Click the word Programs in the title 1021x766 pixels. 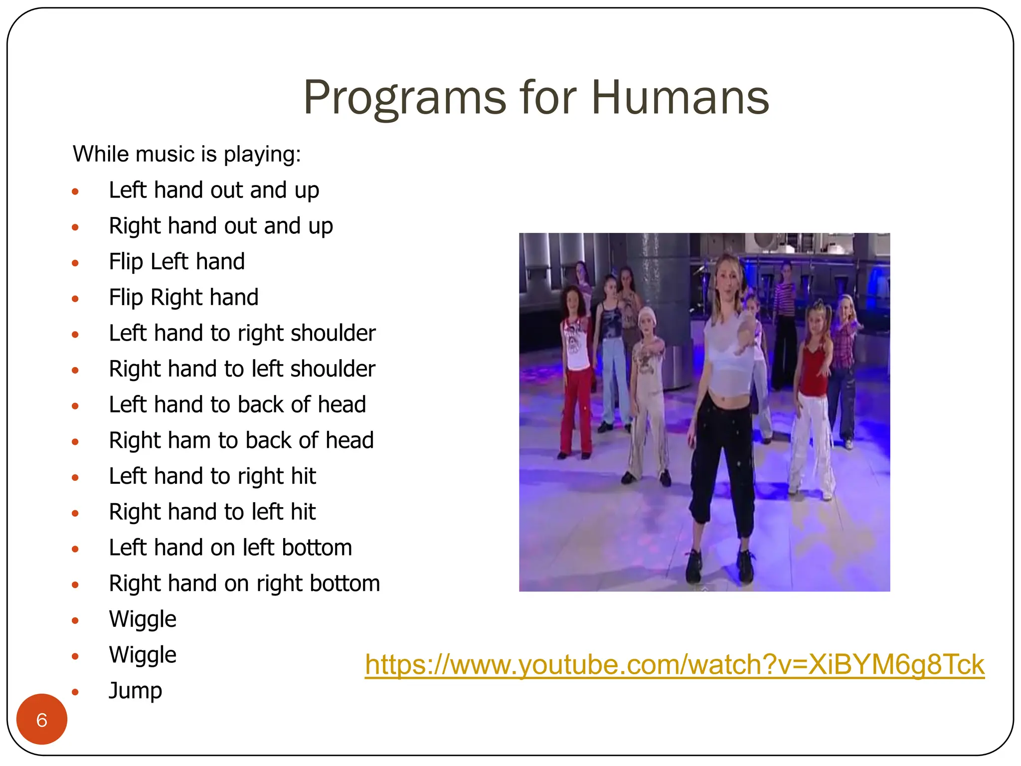pyautogui.click(x=405, y=98)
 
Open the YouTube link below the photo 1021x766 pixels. pyautogui.click(x=675, y=665)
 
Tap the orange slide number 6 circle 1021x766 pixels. pyautogui.click(x=42, y=720)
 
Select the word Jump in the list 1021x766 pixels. pyautogui.click(x=135, y=691)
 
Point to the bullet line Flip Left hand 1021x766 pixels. pyautogui.click(x=176, y=262)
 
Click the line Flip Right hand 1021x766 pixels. pyautogui.click(x=183, y=298)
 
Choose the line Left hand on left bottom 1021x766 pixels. pyautogui.click(x=230, y=548)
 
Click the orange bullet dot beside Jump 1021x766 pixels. pyautogui.click(x=75, y=692)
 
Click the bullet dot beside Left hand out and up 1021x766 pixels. pyautogui.click(x=75, y=191)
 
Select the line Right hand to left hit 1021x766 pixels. pyautogui.click(x=212, y=512)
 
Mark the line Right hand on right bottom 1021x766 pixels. pyautogui.click(x=244, y=583)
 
